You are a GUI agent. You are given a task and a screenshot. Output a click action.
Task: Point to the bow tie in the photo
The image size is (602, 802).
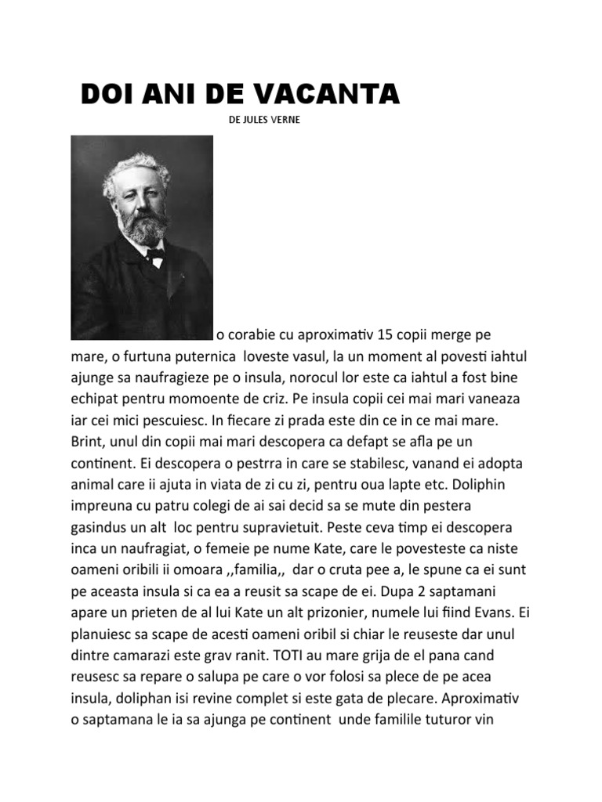tap(154, 254)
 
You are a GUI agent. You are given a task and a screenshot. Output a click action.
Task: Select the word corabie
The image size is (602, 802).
tap(260, 336)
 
